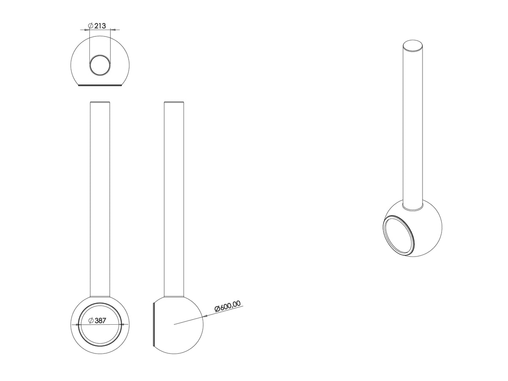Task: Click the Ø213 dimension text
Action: tap(97, 25)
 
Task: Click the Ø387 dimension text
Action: tap(97, 320)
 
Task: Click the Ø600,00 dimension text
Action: tap(227, 306)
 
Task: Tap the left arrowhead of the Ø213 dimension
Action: tap(87, 30)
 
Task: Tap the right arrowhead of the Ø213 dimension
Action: tap(113, 30)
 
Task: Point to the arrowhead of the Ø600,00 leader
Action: tap(205, 315)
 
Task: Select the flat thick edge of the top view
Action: tap(100, 86)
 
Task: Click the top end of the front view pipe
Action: tap(100, 102)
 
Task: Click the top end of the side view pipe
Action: tap(174, 102)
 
